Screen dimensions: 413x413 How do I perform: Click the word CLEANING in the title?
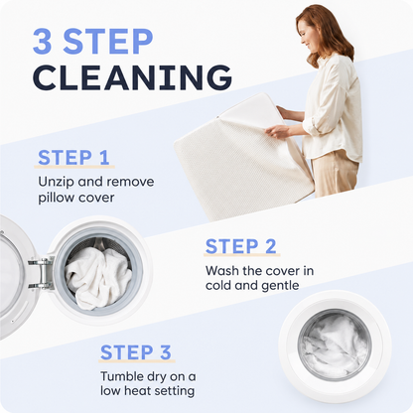coord(132,77)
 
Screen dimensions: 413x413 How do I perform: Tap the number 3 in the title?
coord(43,41)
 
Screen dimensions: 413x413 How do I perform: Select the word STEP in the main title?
coord(108,41)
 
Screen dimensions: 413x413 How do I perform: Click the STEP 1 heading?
coord(73,157)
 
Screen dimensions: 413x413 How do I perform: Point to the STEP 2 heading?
coord(240,246)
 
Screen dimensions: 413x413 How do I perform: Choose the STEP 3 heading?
coord(136,352)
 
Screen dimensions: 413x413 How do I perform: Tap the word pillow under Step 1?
coord(54,198)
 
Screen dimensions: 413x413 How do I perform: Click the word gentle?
coord(281,285)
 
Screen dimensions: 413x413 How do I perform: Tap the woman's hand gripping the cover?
coord(277,131)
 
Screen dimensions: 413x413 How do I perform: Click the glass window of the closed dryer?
coord(335,344)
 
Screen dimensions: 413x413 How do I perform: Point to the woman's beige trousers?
coord(335,175)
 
